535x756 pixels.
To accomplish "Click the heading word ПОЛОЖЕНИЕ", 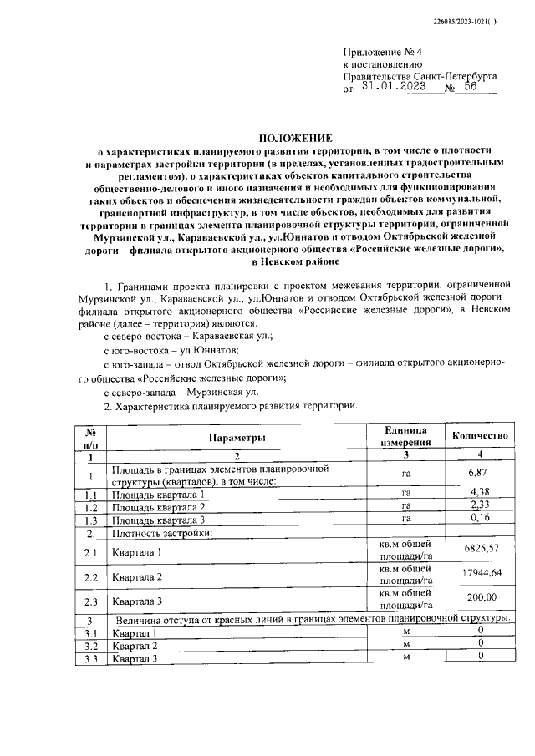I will click(294, 138).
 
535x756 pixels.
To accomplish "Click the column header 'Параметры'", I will click(237, 438).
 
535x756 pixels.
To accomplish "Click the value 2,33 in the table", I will click(479, 505).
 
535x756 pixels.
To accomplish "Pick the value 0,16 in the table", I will click(479, 519).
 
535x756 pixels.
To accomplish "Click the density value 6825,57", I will click(479, 552).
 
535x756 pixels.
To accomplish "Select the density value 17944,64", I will click(479, 576).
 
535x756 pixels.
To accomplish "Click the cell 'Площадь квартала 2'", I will click(159, 506).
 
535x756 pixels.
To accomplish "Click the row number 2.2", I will click(91, 577).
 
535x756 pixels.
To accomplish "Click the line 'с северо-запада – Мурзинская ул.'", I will click(181, 391).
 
